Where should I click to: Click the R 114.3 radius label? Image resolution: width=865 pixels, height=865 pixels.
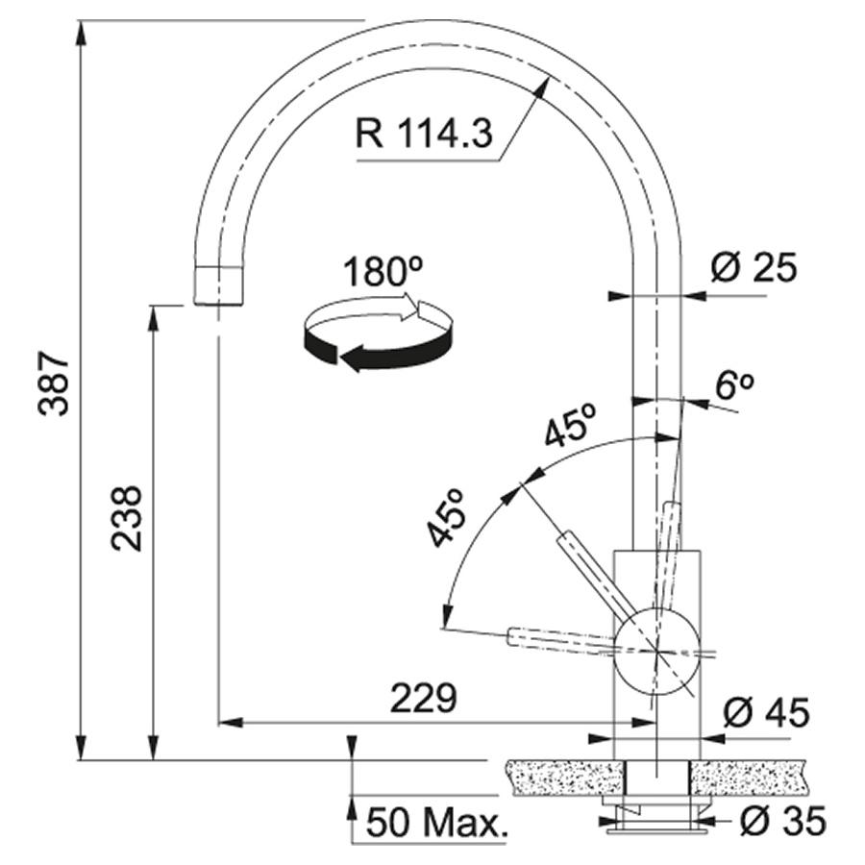click(x=424, y=134)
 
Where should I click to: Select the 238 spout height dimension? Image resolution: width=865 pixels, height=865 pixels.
click(x=126, y=518)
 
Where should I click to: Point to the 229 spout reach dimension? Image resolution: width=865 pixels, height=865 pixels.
click(x=424, y=698)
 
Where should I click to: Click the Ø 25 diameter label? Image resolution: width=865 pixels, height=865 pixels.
click(x=754, y=268)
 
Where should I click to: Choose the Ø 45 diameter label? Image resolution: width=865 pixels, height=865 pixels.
click(x=766, y=712)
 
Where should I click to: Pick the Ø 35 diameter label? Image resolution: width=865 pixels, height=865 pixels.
click(x=782, y=821)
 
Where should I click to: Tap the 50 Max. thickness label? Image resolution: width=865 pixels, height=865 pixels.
click(x=435, y=822)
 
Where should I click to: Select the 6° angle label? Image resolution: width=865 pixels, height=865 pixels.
click(x=734, y=385)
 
